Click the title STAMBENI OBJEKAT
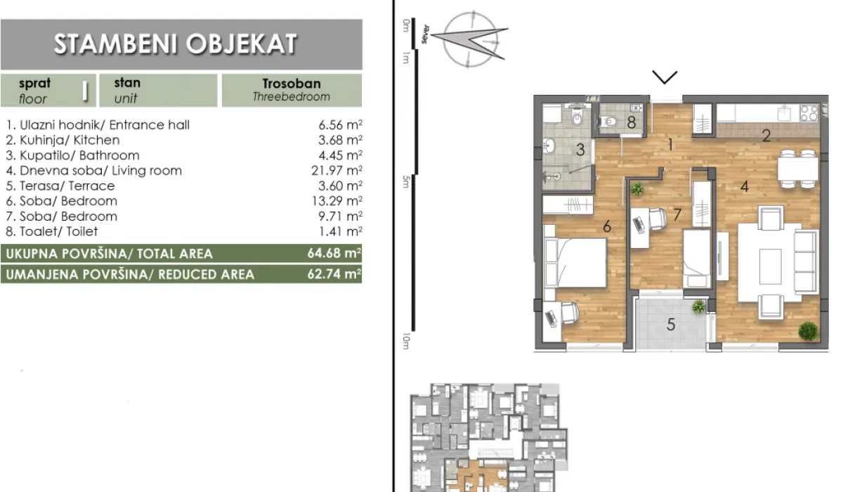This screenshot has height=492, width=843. (x=175, y=44)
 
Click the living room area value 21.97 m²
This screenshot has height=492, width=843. (x=340, y=171)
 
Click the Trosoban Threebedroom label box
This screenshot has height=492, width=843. (x=291, y=90)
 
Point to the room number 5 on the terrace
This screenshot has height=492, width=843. (x=671, y=325)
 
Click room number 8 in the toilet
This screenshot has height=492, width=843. (x=631, y=122)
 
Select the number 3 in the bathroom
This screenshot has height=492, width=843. (x=580, y=149)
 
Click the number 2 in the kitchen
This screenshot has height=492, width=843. (x=767, y=136)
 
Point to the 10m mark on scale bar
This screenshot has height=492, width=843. (x=406, y=340)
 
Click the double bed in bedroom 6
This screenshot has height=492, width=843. (x=575, y=262)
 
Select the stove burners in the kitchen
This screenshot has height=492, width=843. (x=809, y=112)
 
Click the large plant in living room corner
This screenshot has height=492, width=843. (x=808, y=330)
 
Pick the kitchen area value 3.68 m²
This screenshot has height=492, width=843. (x=340, y=141)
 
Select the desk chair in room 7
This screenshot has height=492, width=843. (x=657, y=220)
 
